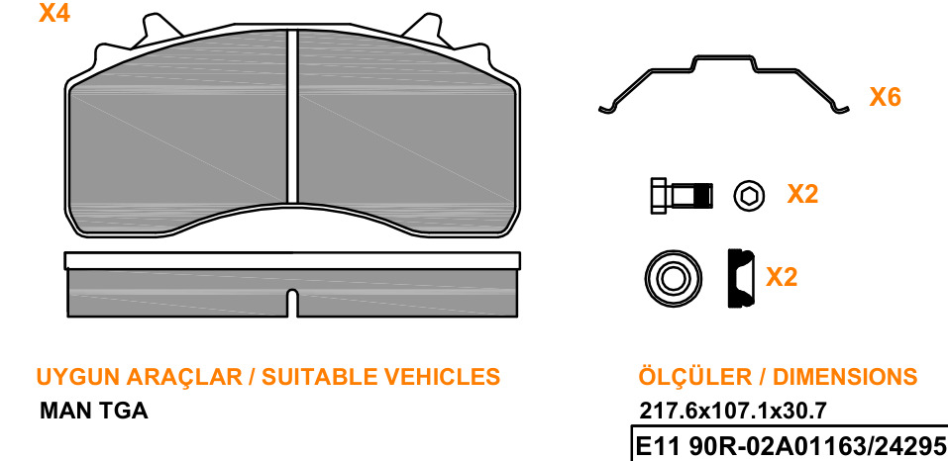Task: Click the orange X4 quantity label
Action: [x=54, y=13]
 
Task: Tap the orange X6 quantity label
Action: [x=886, y=97]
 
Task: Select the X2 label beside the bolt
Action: [x=802, y=194]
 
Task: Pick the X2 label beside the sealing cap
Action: [x=782, y=277]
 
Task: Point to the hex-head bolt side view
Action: [x=682, y=196]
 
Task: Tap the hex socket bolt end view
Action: [x=749, y=196]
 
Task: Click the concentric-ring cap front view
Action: [x=673, y=279]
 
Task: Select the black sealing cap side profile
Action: [x=741, y=278]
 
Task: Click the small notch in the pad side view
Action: [x=292, y=303]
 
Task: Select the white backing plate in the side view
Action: [x=292, y=260]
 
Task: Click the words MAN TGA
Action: [x=94, y=412]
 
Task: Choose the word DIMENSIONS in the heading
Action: [x=845, y=377]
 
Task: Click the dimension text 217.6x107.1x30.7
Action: [x=733, y=412]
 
